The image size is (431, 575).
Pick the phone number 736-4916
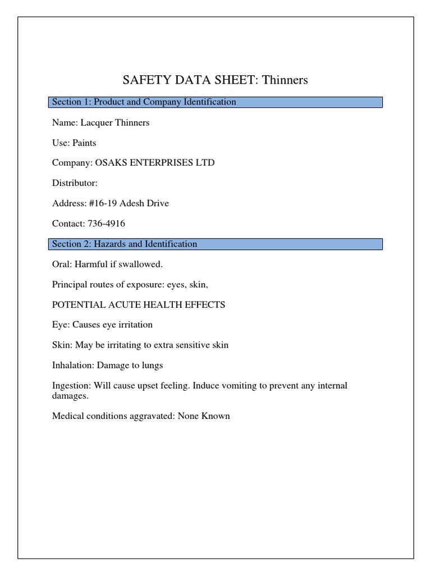pyautogui.click(x=106, y=223)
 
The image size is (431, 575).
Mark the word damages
pyautogui.click(x=69, y=395)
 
